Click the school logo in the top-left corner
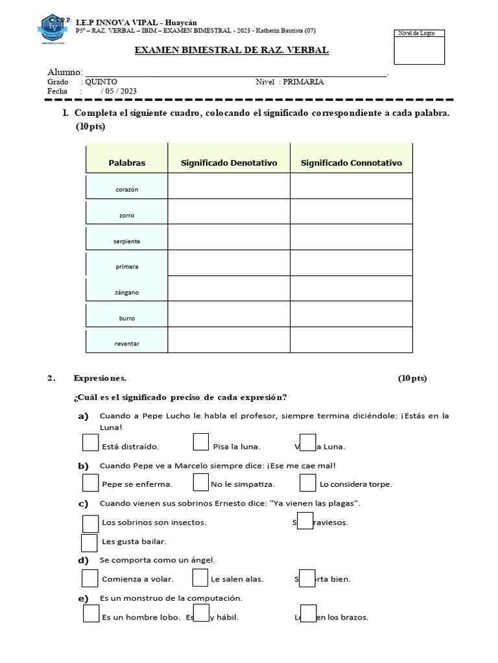tap(55, 28)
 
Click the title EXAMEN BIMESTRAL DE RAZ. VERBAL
tap(231, 51)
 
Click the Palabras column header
tap(127, 163)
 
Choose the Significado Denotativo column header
tap(229, 163)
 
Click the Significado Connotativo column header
tap(351, 163)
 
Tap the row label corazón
tap(127, 189)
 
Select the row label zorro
tap(127, 215)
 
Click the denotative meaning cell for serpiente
tap(229, 237)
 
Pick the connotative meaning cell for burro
tap(351, 314)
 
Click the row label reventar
tap(127, 343)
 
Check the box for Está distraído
tap(91, 443)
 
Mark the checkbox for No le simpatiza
tap(201, 482)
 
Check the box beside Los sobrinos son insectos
tap(91, 522)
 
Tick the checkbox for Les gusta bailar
tap(89, 542)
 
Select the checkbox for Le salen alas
tap(201, 578)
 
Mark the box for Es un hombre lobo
tap(91, 614)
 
